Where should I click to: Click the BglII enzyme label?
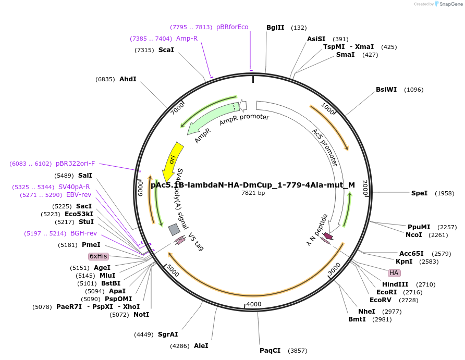coord(275,28)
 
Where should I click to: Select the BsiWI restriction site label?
coord(386,90)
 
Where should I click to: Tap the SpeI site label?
coord(419,193)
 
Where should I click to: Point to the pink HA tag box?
coord(394,273)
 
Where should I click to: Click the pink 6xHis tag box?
coord(98,256)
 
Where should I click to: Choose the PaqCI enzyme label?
coord(270,351)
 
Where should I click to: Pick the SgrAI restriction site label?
coord(168,334)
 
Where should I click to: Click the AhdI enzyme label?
coord(128,79)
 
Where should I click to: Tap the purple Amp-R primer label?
coord(187,39)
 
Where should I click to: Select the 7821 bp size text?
coord(253,193)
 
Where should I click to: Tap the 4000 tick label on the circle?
coord(254,304)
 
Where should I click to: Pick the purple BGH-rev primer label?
coord(84,233)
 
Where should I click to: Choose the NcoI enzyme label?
coord(414,235)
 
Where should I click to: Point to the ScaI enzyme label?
coord(166,50)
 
